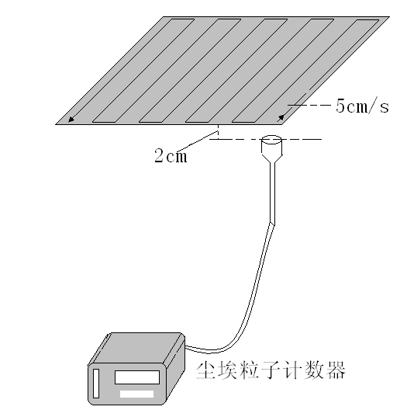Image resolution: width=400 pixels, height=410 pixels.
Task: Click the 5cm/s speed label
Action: (362, 106)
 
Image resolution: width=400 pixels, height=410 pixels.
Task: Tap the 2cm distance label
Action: (171, 156)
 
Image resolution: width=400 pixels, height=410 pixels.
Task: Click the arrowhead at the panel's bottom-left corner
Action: (71, 120)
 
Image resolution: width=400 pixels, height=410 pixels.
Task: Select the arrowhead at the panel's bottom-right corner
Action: (281, 118)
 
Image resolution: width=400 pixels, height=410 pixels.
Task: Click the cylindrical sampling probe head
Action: (272, 144)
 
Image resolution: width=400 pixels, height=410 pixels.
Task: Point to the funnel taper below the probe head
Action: (272, 158)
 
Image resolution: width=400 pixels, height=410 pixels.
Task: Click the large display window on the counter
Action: (137, 377)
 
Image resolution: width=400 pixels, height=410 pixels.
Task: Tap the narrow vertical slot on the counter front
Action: (96, 384)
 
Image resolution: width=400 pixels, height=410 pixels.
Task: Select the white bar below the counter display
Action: (136, 394)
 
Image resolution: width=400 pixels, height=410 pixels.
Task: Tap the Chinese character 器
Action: (335, 370)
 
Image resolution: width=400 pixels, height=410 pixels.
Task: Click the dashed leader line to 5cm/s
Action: (309, 105)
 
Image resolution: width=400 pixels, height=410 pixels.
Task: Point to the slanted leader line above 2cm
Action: (198, 142)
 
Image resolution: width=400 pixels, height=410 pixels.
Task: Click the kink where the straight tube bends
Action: (272, 224)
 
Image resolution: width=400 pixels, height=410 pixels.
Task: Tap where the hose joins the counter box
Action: (186, 347)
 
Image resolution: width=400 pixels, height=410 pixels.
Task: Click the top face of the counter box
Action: (136, 349)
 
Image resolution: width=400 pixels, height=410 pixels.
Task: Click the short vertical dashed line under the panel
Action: (219, 132)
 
